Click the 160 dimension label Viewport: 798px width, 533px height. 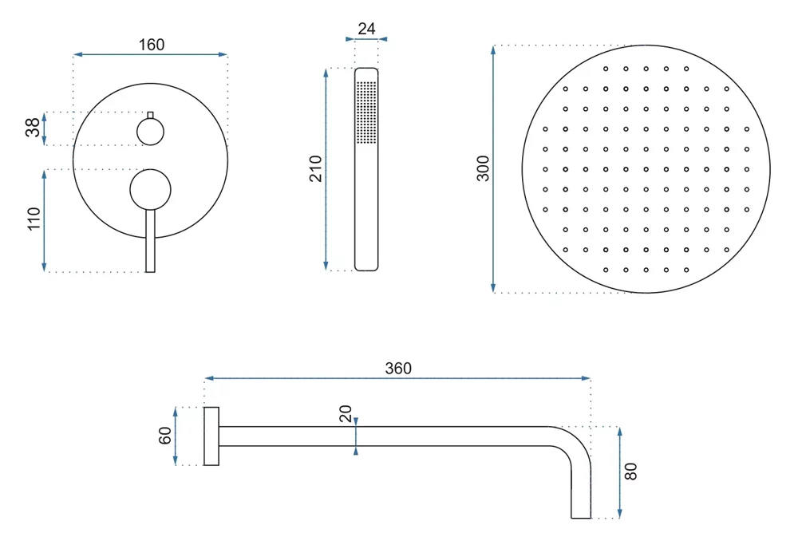pos(152,45)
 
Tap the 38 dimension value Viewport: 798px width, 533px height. pos(33,128)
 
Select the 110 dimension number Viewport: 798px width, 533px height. pos(34,219)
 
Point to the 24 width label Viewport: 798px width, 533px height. pos(366,29)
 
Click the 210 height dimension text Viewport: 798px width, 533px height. pos(315,168)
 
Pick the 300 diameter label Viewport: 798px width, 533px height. pos(483,168)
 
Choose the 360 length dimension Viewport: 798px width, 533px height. pos(398,368)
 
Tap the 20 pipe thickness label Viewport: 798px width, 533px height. pos(346,413)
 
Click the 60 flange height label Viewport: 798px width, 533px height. pos(165,436)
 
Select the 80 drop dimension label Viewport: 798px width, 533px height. pos(630,472)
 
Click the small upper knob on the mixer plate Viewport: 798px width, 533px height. pos(150,132)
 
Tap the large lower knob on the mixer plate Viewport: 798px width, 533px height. pos(150,189)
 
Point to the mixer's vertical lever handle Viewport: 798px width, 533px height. pos(150,241)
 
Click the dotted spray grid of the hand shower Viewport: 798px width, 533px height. pos(366,113)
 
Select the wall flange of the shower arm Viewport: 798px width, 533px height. pos(211,436)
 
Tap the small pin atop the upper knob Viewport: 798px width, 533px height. pos(150,115)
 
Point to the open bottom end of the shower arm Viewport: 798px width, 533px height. pos(581,518)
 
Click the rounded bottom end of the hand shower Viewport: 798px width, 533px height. pos(366,268)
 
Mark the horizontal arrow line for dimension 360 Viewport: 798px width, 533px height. pos(397,378)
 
